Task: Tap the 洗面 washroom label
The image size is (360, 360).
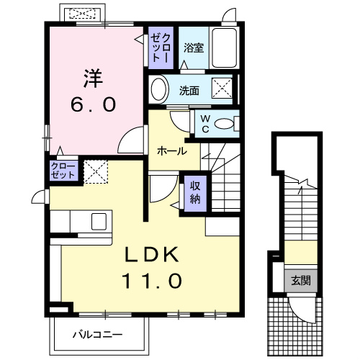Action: [190, 91]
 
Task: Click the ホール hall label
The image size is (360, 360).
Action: [173, 152]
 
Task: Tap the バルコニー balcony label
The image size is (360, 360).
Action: [97, 334]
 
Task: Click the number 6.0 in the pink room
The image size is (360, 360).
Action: [92, 104]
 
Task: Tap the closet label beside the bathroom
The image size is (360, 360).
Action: [160, 46]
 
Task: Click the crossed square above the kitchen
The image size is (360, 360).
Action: [94, 171]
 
